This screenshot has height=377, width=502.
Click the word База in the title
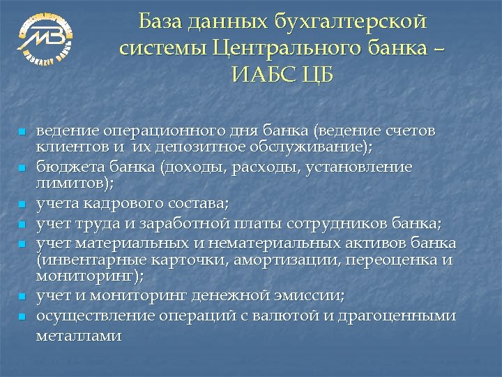pos(162,22)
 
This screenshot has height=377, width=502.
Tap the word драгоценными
pos(398,316)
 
